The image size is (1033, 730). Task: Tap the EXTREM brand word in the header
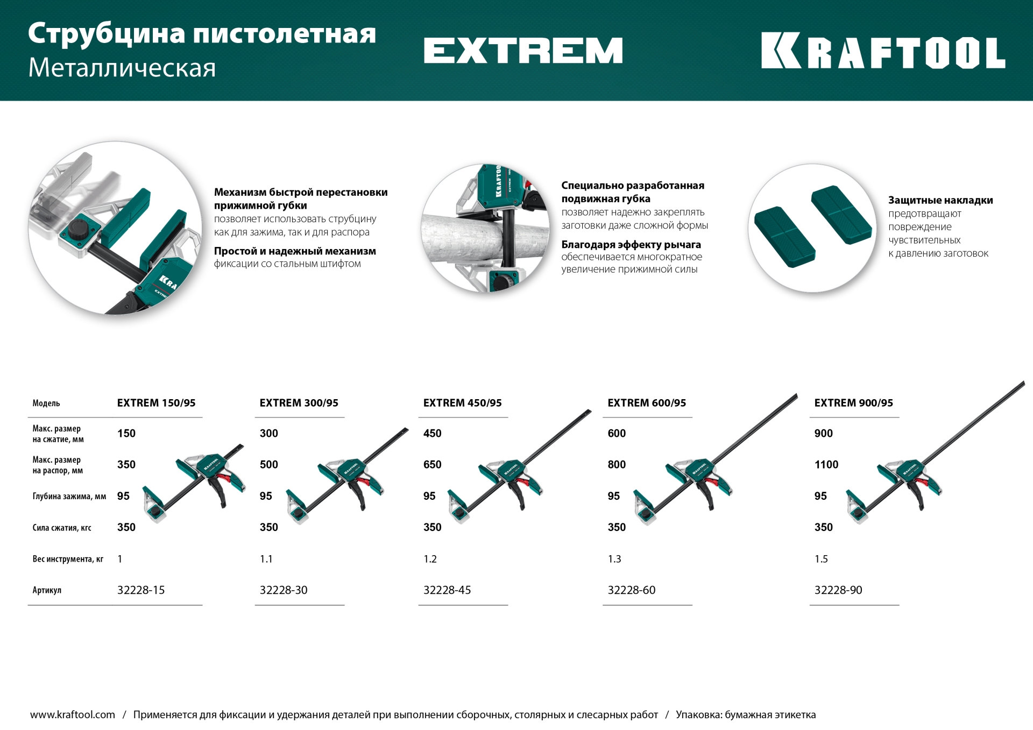coord(523,51)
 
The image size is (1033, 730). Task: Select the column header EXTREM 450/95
coord(462,403)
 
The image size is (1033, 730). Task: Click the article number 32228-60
coord(631,590)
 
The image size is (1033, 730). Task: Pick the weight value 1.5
coord(820,559)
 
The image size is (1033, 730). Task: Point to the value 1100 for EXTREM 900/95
coord(826,465)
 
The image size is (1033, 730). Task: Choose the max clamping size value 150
coord(126,434)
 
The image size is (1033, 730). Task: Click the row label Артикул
coord(47,590)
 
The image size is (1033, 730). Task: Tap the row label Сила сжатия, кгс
coord(62,528)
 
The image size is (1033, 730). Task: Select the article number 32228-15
coord(141,590)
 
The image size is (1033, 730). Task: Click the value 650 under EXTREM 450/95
coord(432,465)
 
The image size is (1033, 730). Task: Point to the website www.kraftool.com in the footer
coord(73,714)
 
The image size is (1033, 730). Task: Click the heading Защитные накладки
coord(940,200)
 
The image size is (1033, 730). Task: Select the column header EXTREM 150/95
coord(156,403)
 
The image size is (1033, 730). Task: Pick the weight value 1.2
coord(430,559)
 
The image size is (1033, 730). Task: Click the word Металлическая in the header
coord(122,68)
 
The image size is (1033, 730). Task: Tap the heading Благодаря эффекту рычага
coord(631,245)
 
